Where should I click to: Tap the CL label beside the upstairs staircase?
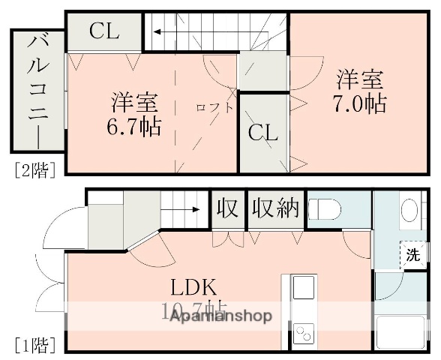104,31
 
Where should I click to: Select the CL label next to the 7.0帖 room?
263,133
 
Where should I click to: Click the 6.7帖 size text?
136,126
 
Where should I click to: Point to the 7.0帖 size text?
359,103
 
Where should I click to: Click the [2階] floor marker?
34,169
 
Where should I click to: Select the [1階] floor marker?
34,345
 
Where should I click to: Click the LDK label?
193,287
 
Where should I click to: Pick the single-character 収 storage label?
227,208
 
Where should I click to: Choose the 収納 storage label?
275,208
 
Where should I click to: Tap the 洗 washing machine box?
413,253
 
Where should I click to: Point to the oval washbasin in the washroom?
409,210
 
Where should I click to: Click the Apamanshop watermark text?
220,316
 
